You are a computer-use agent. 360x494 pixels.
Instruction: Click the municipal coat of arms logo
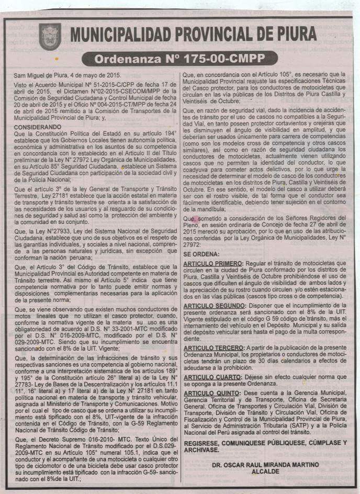50,35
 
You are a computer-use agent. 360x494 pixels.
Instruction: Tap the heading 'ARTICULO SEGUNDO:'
215,305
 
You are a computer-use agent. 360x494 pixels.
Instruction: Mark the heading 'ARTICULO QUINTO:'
210,392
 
